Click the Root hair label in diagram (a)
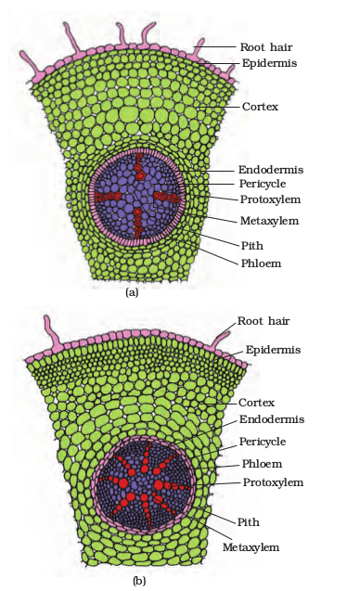pyautogui.click(x=266, y=47)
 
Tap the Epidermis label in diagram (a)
pyautogui.click(x=269, y=63)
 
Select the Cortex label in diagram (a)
pyautogui.click(x=260, y=107)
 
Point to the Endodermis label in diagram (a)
pyautogui.click(x=271, y=170)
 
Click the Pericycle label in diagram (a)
pyautogui.click(x=263, y=184)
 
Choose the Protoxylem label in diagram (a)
pyautogui.click(x=270, y=199)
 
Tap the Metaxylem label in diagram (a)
pyautogui.click(x=269, y=221)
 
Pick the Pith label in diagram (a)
pyautogui.click(x=251, y=246)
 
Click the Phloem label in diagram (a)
pyautogui.click(x=261, y=263)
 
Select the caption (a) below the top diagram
pyautogui.click(x=132, y=292)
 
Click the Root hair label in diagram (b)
pyautogui.click(x=264, y=321)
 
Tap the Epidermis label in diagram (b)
pyautogui.click(x=273, y=350)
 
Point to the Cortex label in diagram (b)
pyautogui.click(x=256, y=403)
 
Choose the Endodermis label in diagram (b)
pyautogui.click(x=272, y=419)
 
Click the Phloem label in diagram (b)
pyautogui.click(x=262, y=464)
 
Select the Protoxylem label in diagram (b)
pyautogui.click(x=273, y=482)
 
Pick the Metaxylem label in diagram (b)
pyautogui.click(x=251, y=547)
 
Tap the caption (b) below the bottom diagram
pyautogui.click(x=139, y=581)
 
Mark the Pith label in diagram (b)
pyautogui.click(x=248, y=522)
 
